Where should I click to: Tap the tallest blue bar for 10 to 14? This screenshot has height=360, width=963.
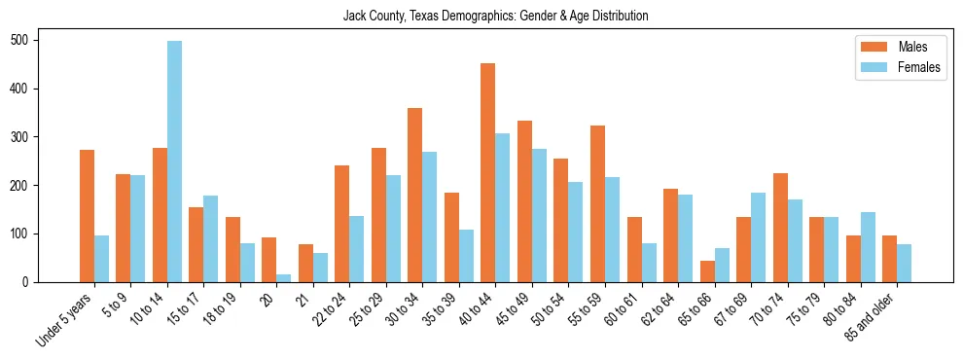(x=174, y=162)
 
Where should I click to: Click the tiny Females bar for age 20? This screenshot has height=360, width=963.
(x=284, y=278)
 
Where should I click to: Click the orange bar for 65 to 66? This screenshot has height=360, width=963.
(x=707, y=271)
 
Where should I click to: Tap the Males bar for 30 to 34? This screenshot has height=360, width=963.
(x=415, y=195)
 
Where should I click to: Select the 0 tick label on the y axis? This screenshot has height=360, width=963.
(x=32, y=282)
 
